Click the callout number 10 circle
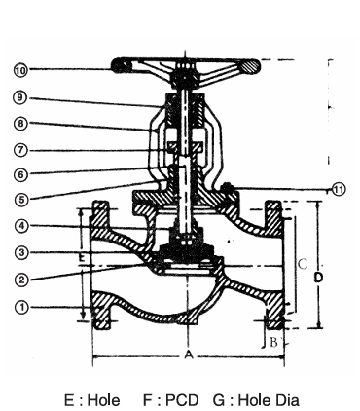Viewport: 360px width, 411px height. (x=20, y=69)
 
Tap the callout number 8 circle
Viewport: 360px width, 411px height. (x=20, y=124)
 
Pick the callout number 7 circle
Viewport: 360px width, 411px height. (x=20, y=150)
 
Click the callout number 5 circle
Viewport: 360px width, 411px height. (x=20, y=201)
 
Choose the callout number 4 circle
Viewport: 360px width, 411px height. (x=20, y=227)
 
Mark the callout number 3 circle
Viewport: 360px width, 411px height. (x=20, y=253)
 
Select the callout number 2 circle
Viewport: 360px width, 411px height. (x=20, y=280)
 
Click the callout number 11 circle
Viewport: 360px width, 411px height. (x=338, y=190)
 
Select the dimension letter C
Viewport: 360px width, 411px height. (x=303, y=263)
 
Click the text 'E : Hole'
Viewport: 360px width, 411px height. (x=92, y=398)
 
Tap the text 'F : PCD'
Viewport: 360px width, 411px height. (x=173, y=398)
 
